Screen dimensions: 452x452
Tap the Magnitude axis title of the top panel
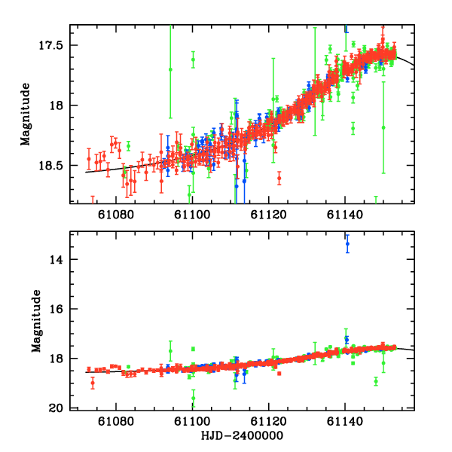click(x=25, y=114)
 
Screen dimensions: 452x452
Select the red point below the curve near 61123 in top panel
click(x=279, y=179)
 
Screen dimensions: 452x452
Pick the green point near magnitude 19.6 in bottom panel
click(x=193, y=399)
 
